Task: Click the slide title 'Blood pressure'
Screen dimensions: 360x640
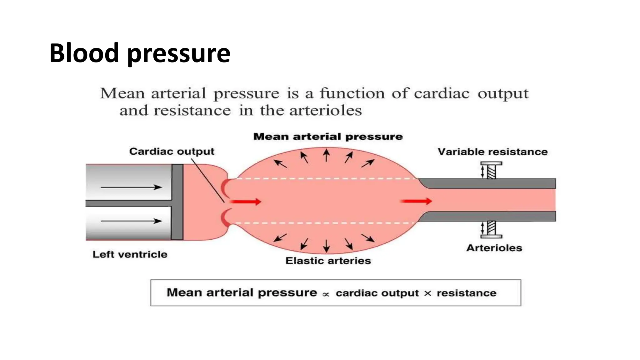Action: pos(140,53)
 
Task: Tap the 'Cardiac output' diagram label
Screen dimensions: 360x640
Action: pos(172,152)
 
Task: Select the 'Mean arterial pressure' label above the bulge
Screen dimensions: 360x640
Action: pos(328,137)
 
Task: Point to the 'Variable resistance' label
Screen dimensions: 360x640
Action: pos(492,152)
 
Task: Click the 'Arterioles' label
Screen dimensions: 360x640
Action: pos(494,248)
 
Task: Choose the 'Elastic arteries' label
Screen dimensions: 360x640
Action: pos(328,261)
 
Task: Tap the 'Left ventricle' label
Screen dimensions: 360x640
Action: pos(130,254)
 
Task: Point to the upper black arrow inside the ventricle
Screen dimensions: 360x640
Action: pos(131,187)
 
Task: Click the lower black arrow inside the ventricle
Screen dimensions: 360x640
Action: pos(131,221)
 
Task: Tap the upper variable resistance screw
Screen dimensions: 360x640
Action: pos(491,170)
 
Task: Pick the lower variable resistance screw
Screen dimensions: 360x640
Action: pos(491,229)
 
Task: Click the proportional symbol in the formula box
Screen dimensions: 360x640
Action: pos(326,294)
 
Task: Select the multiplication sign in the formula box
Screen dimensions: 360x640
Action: pos(427,293)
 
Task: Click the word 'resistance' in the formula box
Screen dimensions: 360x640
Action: pos(466,293)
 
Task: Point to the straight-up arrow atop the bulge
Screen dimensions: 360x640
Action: pos(327,155)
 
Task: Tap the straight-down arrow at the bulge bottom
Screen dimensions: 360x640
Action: pos(327,246)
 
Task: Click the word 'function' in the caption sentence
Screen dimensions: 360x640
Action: pos(352,93)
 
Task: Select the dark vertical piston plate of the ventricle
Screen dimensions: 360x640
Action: pos(177,202)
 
